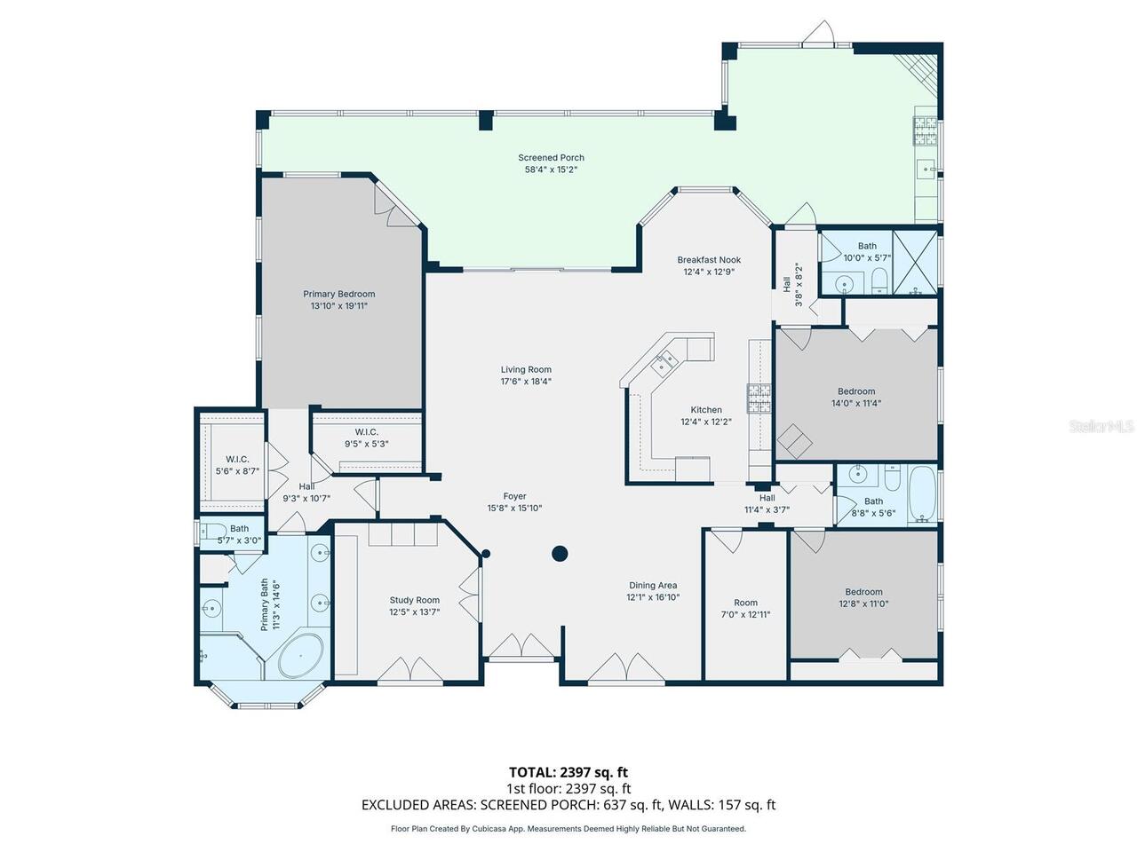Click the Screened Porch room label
tap(551, 158)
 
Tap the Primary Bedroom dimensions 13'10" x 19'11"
tap(338, 305)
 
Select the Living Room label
tap(526, 369)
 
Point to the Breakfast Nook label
tap(709, 260)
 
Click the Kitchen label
tap(705, 410)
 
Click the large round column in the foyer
tap(560, 554)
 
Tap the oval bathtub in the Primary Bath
tap(301, 656)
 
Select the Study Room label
tap(415, 600)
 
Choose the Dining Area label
tap(653, 586)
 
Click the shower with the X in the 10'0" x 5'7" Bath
tap(915, 264)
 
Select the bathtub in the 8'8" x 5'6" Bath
tap(923, 494)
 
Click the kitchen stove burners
tap(759, 398)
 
